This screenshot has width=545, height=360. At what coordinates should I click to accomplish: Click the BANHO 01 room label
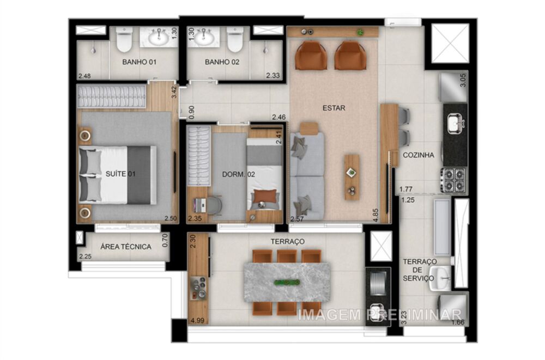click(x=139, y=62)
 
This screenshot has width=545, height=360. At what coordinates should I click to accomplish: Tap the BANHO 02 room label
click(x=222, y=62)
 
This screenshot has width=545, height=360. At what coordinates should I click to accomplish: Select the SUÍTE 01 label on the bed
click(x=120, y=174)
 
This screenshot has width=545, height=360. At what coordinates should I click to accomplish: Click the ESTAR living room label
click(x=334, y=108)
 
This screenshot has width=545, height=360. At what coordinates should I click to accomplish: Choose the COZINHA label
click(x=419, y=155)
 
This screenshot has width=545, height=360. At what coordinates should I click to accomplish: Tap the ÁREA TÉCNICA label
click(x=126, y=247)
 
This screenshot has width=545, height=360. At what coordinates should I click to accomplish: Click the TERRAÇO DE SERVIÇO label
click(x=419, y=270)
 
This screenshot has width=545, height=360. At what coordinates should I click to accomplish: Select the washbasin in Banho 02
click(x=204, y=37)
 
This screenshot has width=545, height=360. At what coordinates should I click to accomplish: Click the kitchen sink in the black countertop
click(x=455, y=124)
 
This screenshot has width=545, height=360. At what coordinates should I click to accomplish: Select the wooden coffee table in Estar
click(x=352, y=177)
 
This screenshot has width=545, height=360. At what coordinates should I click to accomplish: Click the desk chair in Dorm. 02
click(x=214, y=205)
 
